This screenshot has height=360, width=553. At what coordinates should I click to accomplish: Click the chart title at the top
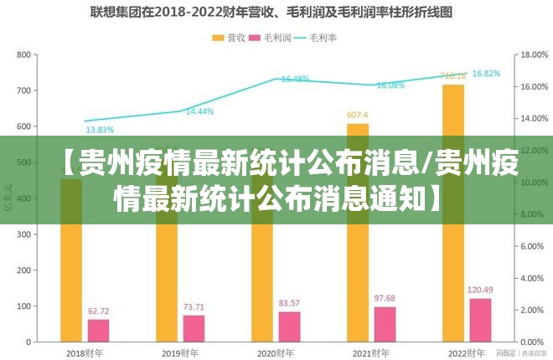(x=276, y=13)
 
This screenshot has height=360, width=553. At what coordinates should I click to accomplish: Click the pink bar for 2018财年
(x=99, y=331)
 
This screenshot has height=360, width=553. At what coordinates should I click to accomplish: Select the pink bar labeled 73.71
(x=194, y=328)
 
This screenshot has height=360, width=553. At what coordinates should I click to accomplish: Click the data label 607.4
(x=358, y=115)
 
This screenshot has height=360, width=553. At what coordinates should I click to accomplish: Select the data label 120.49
(x=480, y=291)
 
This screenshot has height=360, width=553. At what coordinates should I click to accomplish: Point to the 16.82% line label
(x=486, y=74)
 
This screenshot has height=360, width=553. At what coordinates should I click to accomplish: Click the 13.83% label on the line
(x=100, y=130)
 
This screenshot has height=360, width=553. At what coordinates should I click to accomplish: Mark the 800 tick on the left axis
(x=23, y=54)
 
